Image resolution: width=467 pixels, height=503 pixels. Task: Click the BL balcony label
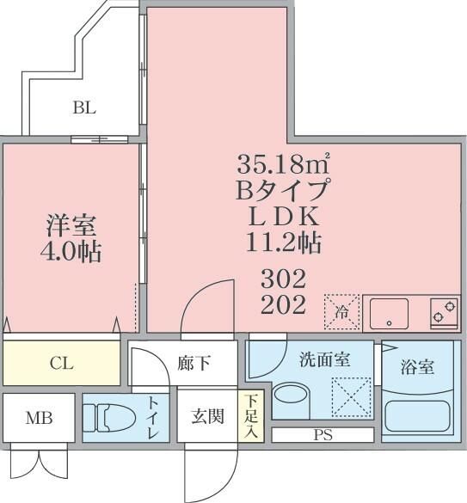pos(84,108)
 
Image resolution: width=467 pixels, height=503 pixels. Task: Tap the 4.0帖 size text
pos(71,253)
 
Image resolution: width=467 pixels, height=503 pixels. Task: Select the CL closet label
pos(60,364)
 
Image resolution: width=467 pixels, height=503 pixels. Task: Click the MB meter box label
pos(38,420)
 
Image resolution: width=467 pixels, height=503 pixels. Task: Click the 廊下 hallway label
pos(194,363)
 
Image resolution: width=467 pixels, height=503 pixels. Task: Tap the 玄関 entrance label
pos(207,417)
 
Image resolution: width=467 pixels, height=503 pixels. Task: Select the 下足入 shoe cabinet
pos(249,417)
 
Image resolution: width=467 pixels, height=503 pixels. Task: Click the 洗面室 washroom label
pos(324,360)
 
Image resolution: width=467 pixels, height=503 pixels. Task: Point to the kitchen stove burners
pos(444,312)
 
